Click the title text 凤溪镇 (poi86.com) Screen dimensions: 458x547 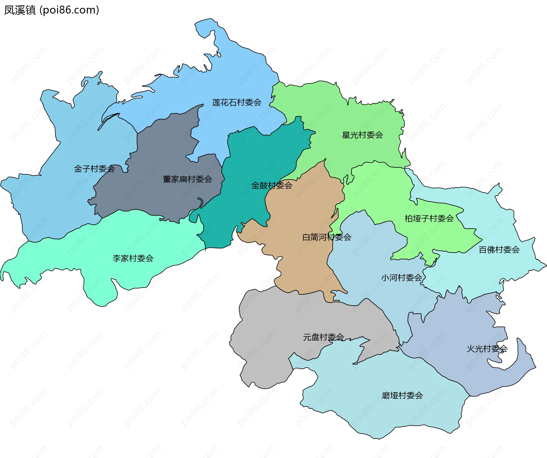tap(52, 10)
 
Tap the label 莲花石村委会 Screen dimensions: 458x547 tap(237, 103)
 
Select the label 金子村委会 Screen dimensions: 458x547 tap(94, 169)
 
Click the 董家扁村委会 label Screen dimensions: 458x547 tap(187, 179)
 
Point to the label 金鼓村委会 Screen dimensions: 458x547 tap(272, 186)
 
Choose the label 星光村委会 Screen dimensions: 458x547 tap(362, 135)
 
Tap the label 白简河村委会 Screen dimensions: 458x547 tap(326, 237)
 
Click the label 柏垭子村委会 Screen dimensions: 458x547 tap(429, 219)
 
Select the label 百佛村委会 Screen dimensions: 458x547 tap(499, 250)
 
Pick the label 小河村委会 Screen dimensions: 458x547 tap(402, 278)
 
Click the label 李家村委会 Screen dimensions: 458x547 tap(133, 258)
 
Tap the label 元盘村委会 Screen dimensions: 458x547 tap(323, 337)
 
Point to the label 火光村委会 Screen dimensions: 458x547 tap(487, 349)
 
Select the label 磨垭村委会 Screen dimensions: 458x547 tap(402, 396)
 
